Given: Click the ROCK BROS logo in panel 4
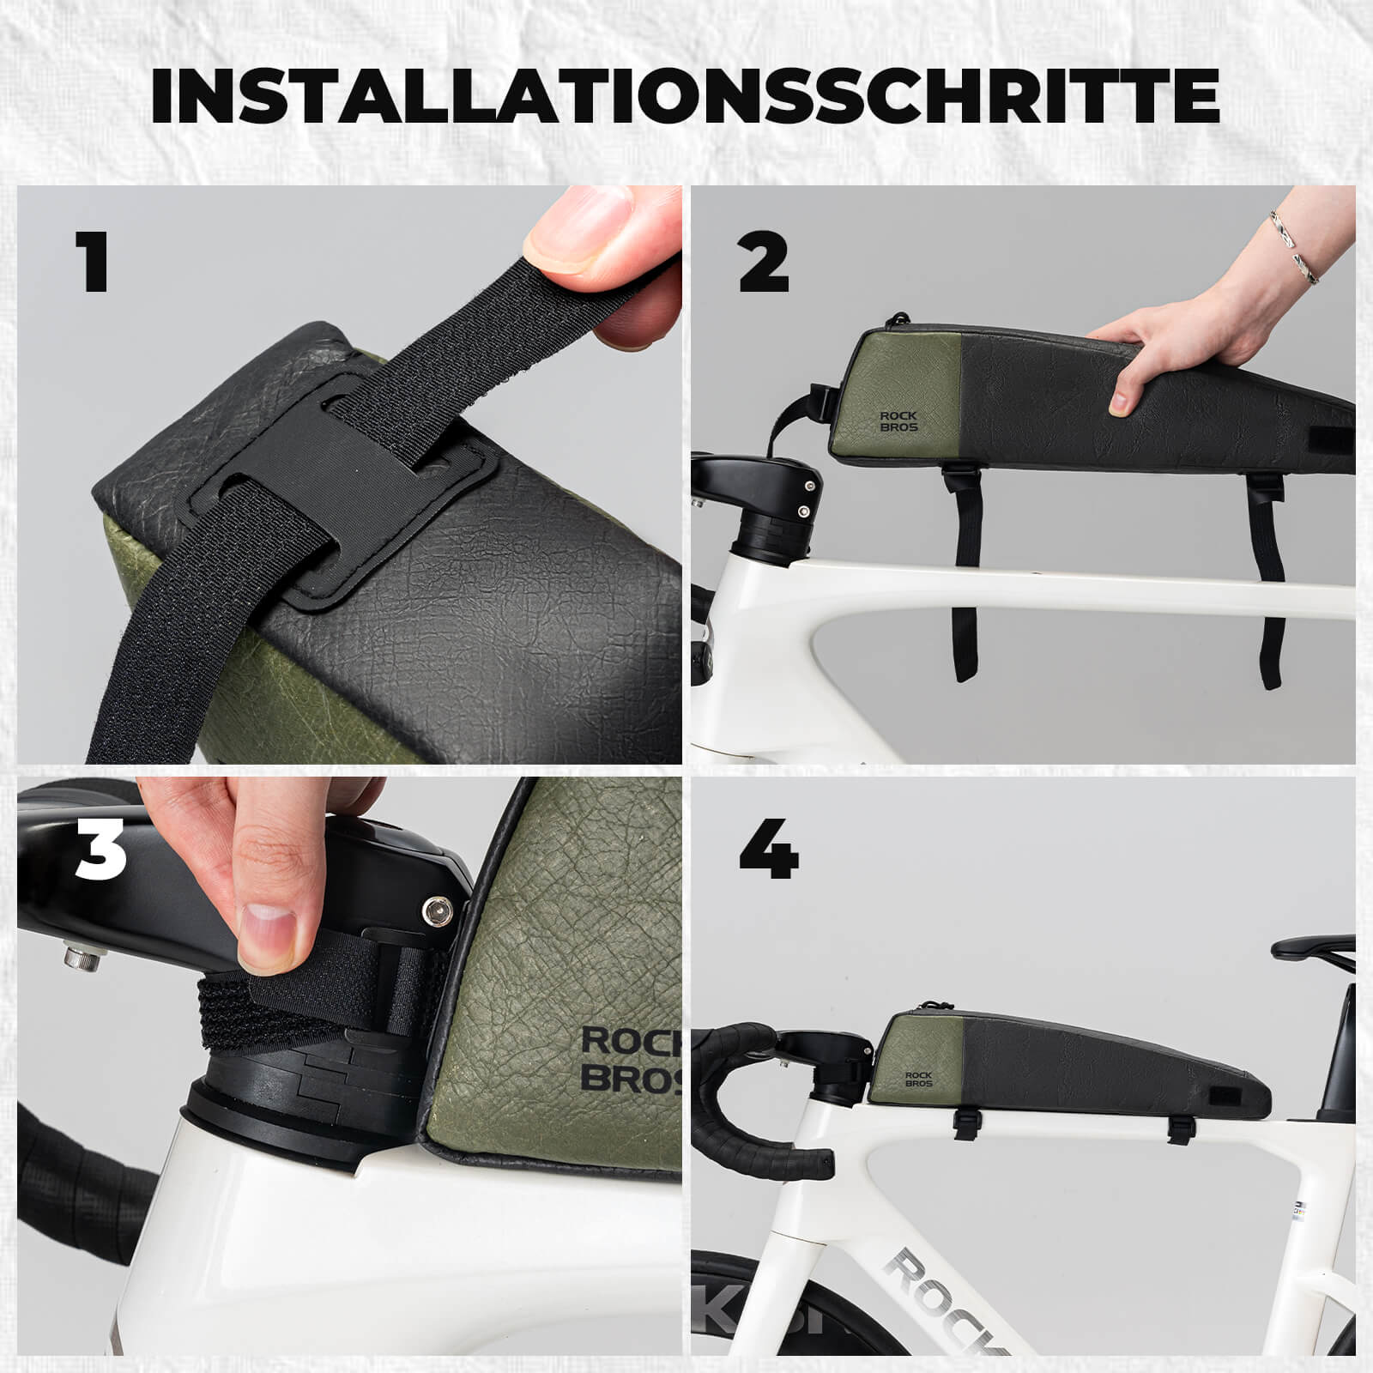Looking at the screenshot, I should coord(918,1079).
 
